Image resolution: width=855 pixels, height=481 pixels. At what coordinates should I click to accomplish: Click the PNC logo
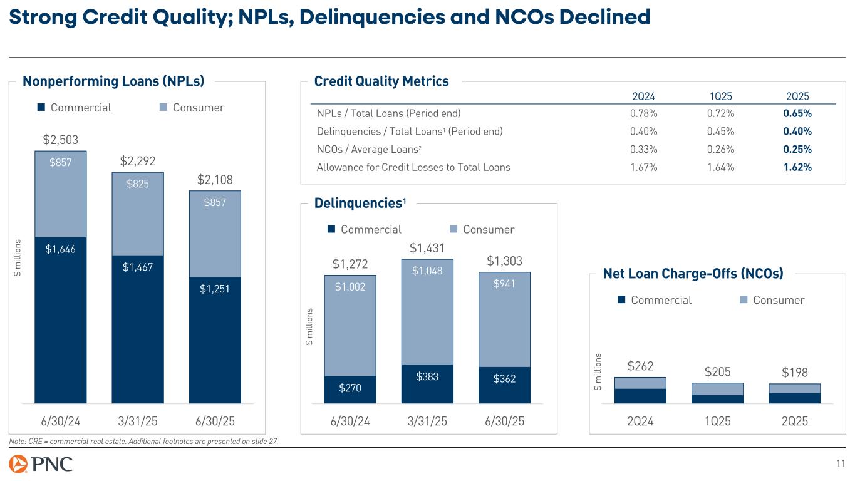(x=41, y=464)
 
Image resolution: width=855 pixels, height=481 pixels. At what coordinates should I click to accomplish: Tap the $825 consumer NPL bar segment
(x=137, y=214)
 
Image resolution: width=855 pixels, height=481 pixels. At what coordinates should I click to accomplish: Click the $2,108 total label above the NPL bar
(x=215, y=181)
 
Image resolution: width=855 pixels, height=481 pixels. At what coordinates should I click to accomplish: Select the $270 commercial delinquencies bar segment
(x=350, y=389)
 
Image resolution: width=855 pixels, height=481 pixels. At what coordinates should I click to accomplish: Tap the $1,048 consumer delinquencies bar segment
(x=427, y=312)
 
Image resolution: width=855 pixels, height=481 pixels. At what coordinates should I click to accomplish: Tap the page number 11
(x=840, y=463)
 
